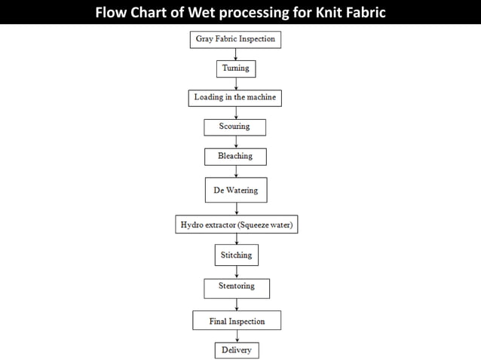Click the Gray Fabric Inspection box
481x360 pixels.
point(235,39)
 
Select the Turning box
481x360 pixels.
point(235,69)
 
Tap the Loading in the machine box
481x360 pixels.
point(236,98)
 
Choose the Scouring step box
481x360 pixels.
point(235,127)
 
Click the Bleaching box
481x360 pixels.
point(235,157)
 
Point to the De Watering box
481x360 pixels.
point(235,191)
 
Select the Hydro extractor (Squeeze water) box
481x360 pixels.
point(235,225)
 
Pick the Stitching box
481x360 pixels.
point(235,255)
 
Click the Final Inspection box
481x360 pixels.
point(237,322)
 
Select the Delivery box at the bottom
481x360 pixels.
point(236,350)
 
